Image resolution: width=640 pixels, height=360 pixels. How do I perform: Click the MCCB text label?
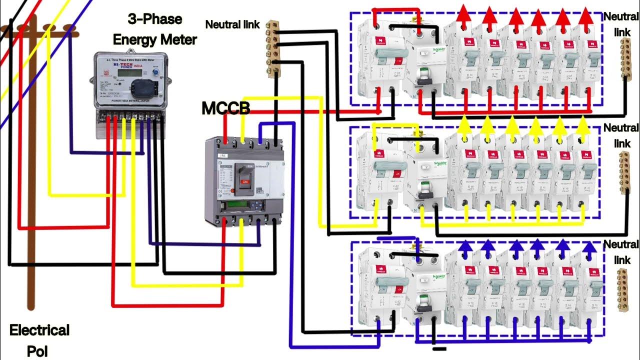225,107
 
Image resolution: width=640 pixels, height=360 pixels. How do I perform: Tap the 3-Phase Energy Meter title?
154,29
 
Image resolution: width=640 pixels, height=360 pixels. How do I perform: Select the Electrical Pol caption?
39,338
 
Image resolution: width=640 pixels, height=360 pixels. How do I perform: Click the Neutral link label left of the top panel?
232,24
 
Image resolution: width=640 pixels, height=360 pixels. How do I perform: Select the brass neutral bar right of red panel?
625,59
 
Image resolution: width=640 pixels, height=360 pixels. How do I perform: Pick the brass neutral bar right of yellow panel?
625,173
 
